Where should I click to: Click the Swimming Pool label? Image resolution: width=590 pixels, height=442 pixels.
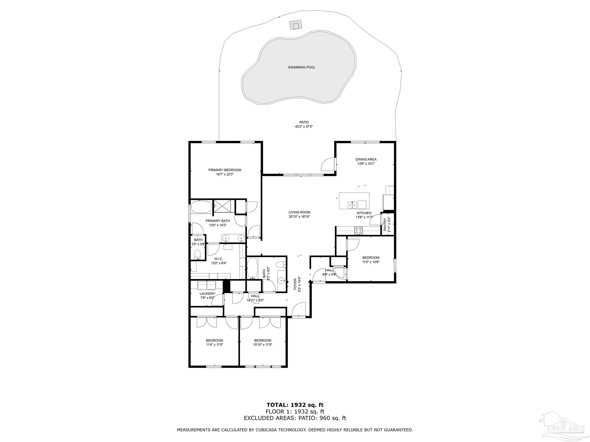pos(302,67)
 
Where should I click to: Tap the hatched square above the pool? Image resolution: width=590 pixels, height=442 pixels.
pos(296,24)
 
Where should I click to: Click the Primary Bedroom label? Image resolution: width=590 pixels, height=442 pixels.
pos(225,170)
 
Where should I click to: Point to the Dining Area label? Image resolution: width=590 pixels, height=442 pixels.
pos(366,159)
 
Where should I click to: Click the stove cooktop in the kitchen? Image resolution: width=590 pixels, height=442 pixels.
pos(358,230)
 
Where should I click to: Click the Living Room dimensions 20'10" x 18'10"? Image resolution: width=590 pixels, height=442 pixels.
pos(299,217)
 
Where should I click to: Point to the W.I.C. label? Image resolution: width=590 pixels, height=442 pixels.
pos(219,259)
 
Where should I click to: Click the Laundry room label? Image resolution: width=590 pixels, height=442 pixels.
pos(207,294)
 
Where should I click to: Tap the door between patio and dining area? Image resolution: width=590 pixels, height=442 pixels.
pos(328,165)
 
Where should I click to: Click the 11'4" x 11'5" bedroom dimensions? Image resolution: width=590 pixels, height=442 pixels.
pos(215,345)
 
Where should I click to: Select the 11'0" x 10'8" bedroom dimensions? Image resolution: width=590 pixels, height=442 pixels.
pos(371,262)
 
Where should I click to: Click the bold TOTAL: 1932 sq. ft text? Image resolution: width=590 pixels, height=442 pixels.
pos(295,405)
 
